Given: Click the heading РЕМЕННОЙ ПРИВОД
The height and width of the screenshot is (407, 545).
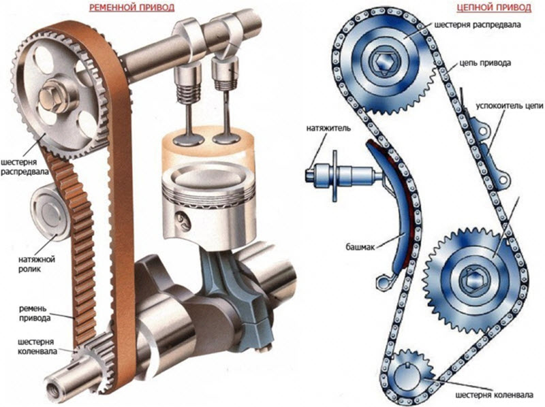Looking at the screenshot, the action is tap(131, 7).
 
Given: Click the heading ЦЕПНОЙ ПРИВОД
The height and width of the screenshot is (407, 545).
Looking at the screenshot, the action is tap(494, 7).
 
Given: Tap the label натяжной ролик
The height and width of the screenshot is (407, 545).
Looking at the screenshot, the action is tap(37, 264).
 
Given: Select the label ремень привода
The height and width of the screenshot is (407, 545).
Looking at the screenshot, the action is tap(35, 313).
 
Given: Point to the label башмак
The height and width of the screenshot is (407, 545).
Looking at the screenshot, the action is tap(360, 247).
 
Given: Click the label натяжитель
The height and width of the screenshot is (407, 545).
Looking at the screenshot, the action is tap(328, 128).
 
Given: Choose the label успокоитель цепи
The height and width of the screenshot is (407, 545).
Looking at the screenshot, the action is tap(509, 105).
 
